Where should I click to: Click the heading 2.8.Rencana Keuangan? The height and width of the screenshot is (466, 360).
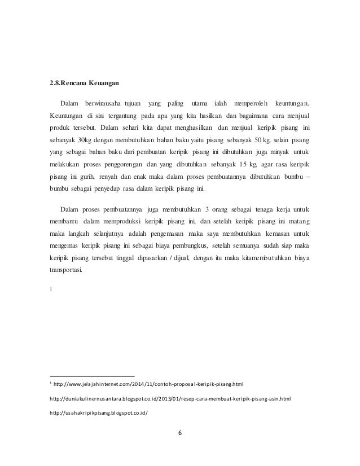pyautogui.click(x=85, y=84)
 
